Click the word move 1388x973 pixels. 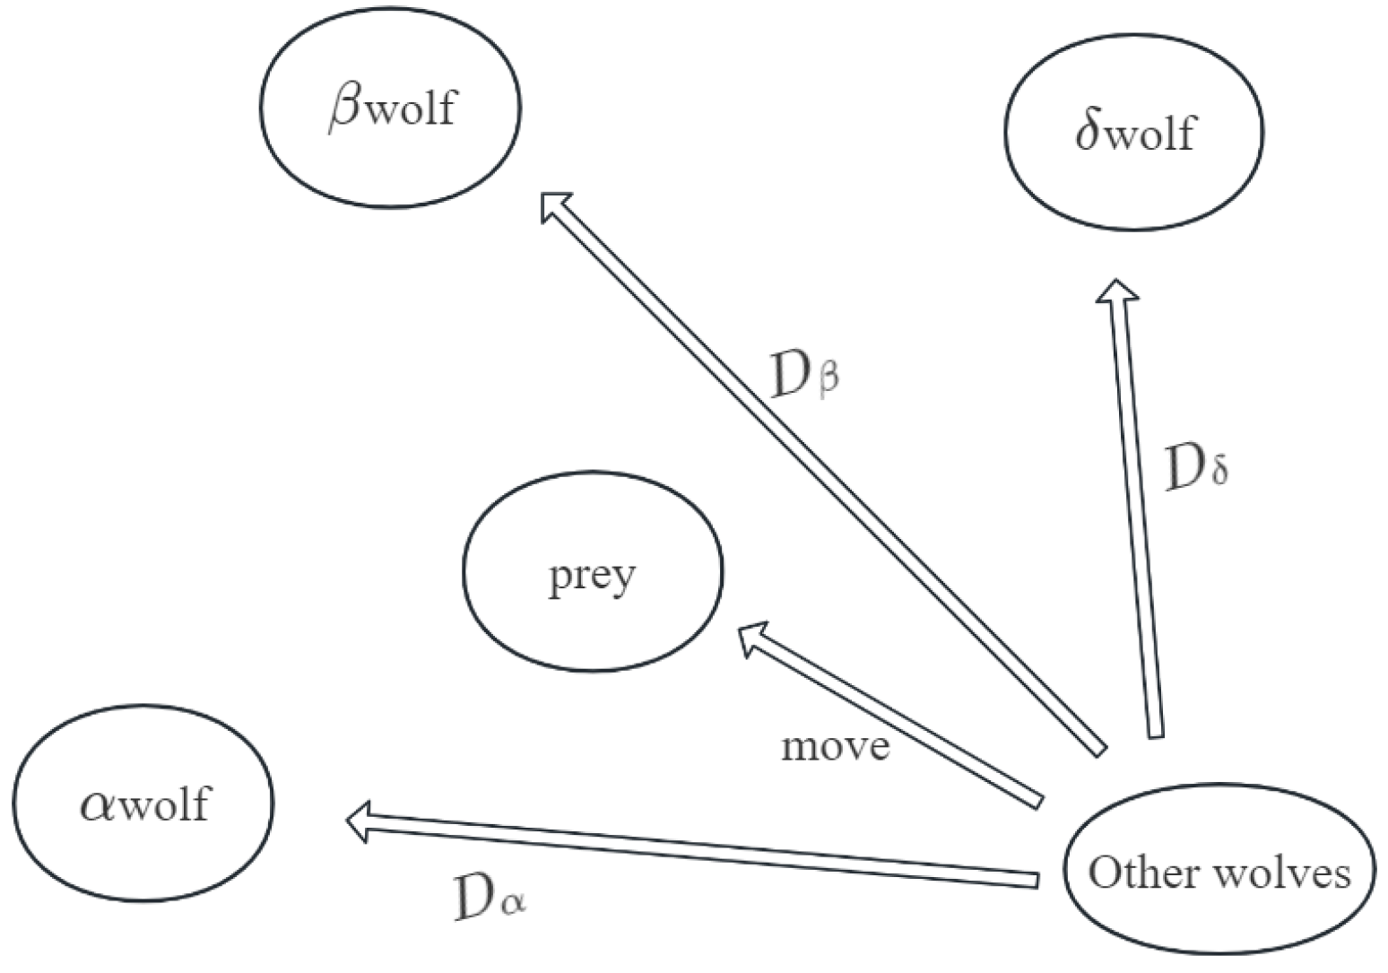(x=836, y=746)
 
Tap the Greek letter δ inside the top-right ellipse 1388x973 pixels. (x=1088, y=132)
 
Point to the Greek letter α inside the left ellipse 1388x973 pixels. (x=98, y=804)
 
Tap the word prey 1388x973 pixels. (x=592, y=577)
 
